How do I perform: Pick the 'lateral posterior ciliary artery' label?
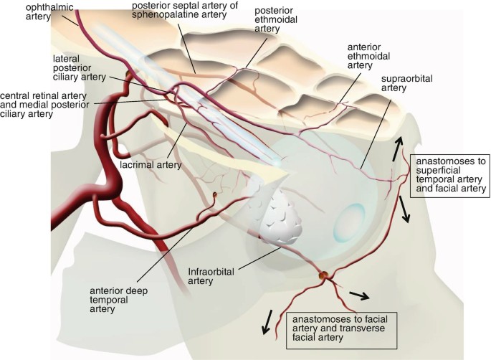pyautogui.click(x=79, y=67)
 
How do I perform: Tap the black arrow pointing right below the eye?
pyautogui.click(x=359, y=294)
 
